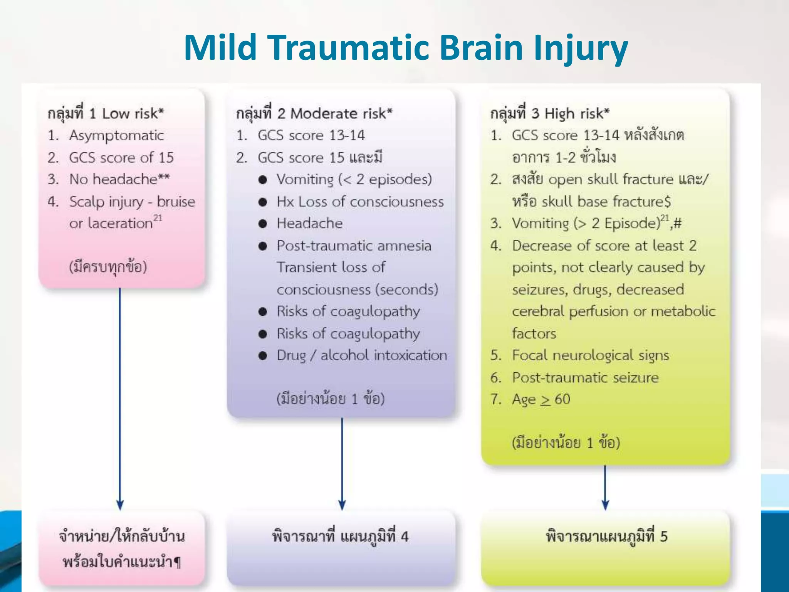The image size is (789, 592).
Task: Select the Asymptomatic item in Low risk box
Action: [x=116, y=135]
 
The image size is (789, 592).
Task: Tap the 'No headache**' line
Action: [x=119, y=179]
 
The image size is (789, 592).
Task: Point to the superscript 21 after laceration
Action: [x=158, y=218]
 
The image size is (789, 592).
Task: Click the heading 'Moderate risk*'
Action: [x=341, y=113]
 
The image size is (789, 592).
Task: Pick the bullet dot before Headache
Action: [x=263, y=224]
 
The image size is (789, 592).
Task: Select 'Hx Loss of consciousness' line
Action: [x=360, y=202]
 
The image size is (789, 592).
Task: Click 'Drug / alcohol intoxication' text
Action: [x=362, y=355]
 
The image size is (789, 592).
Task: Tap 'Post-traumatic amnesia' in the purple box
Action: [x=354, y=246]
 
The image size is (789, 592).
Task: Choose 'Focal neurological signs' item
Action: [x=590, y=355]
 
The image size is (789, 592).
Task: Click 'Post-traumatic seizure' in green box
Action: [x=585, y=377]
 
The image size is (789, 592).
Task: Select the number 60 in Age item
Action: [x=562, y=399]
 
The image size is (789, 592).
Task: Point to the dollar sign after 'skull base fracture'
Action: [x=667, y=202]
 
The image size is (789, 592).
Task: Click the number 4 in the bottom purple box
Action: [x=404, y=536]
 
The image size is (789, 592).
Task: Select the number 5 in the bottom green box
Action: [x=663, y=536]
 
